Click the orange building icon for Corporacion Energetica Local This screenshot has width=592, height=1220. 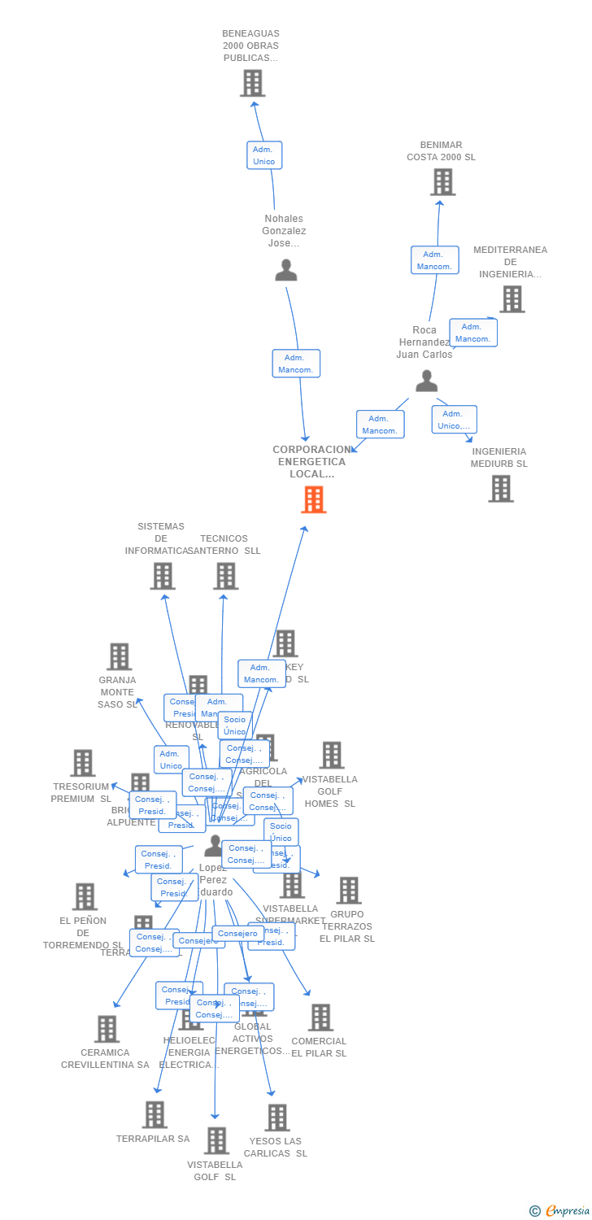313,499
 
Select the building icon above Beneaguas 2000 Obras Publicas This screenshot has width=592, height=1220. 252,83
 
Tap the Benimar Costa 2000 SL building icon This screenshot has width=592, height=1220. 442,182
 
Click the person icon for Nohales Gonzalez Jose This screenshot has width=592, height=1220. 285,270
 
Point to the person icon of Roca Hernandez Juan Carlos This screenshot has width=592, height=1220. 426,381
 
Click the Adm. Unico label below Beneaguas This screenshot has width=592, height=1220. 264,155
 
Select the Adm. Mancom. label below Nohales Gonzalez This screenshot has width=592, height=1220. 296,364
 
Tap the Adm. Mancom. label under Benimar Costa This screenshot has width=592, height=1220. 434,260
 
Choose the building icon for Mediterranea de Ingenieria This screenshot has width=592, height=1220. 511,299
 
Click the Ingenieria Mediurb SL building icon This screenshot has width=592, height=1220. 500,489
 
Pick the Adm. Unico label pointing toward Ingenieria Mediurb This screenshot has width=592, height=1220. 454,420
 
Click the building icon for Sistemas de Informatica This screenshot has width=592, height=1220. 163,576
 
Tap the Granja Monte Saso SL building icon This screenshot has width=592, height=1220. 119,656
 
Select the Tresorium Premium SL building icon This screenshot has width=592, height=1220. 82,763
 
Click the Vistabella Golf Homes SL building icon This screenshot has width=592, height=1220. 331,755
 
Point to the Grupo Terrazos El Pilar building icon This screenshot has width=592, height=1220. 348,891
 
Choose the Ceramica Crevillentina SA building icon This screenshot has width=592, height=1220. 106,1029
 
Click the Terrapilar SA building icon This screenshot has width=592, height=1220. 154,1114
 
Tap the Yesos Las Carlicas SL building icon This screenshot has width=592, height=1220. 276,1118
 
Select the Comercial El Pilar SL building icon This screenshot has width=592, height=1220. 320,1017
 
